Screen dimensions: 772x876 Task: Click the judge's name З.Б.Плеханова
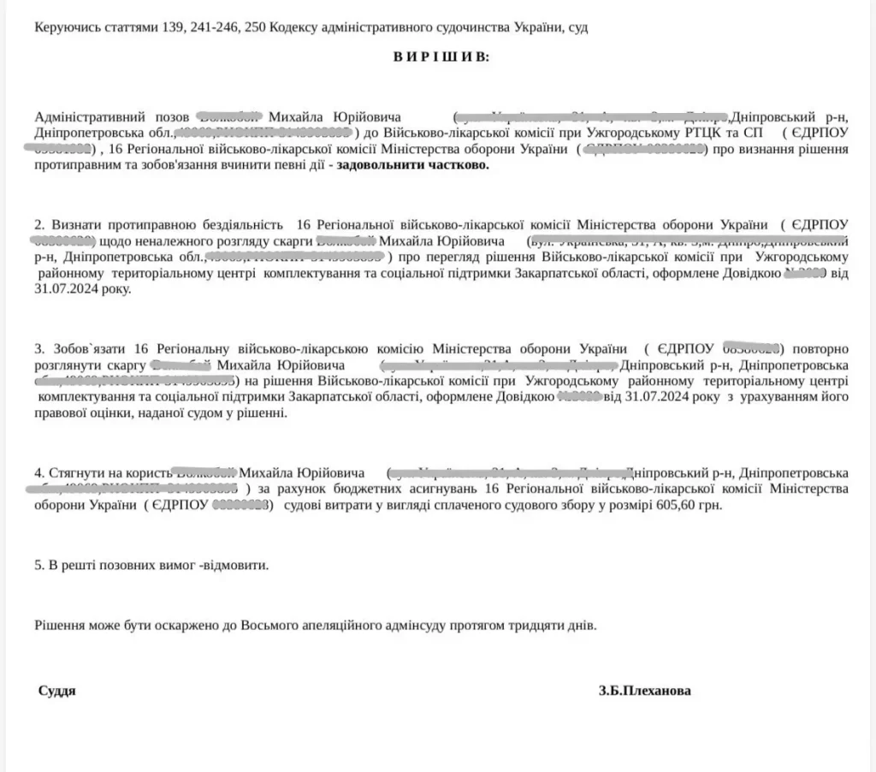645,691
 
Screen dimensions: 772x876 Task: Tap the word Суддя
56,691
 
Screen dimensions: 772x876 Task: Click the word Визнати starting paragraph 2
72,224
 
